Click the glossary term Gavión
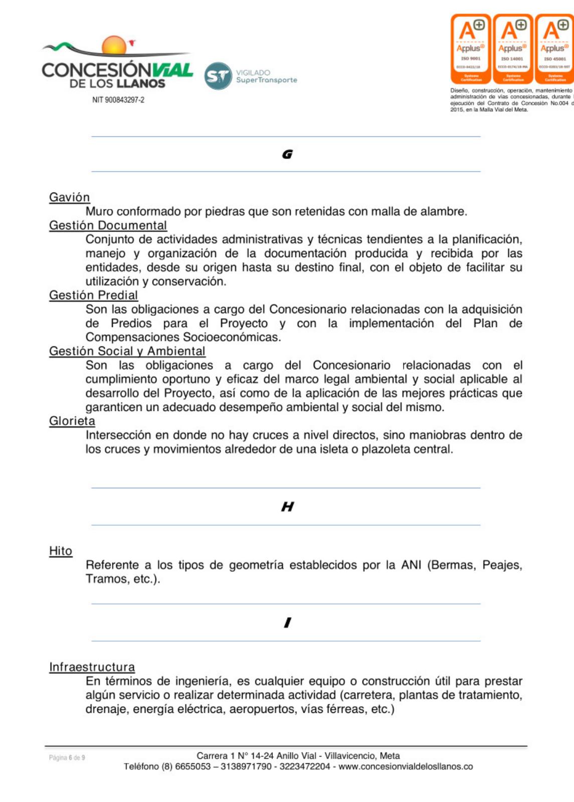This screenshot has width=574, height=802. [x=69, y=197]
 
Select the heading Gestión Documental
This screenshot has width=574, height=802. [x=108, y=226]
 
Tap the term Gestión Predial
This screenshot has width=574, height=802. [x=93, y=295]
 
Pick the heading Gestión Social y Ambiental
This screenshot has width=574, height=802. [x=127, y=351]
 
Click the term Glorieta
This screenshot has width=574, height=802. [x=72, y=421]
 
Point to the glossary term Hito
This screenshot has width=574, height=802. [x=61, y=551]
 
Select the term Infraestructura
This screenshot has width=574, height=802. [x=92, y=667]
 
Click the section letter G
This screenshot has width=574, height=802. [x=287, y=154]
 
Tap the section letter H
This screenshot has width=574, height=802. [x=287, y=507]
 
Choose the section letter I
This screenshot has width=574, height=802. [x=287, y=623]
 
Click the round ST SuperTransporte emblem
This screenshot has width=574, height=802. [x=218, y=76]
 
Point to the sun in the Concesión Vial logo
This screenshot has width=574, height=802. [x=114, y=45]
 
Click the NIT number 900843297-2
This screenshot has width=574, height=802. [x=118, y=100]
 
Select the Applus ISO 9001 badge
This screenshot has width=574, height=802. [x=470, y=49]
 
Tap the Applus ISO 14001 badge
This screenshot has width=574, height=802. [x=512, y=49]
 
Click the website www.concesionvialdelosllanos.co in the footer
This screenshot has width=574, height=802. [x=406, y=767]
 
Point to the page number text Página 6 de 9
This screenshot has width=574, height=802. [x=67, y=758]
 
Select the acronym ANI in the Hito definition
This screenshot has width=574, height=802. [x=411, y=565]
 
